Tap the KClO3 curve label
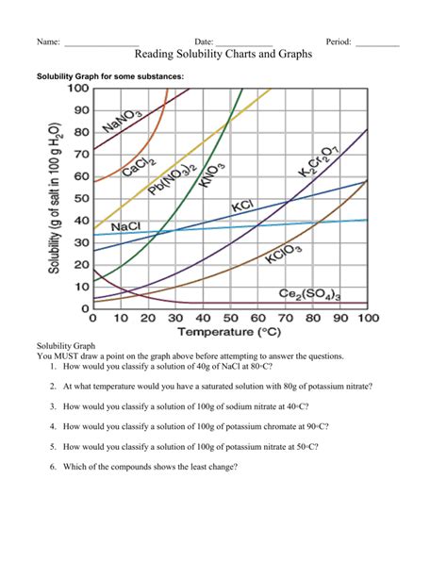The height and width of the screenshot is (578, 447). (x=284, y=254)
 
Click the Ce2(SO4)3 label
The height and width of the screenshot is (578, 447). (x=309, y=295)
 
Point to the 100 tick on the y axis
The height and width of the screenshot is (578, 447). (x=76, y=89)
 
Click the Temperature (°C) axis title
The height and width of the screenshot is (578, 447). (x=229, y=332)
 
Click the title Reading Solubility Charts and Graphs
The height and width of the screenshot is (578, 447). (x=224, y=56)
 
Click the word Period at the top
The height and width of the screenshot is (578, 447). (x=338, y=41)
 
